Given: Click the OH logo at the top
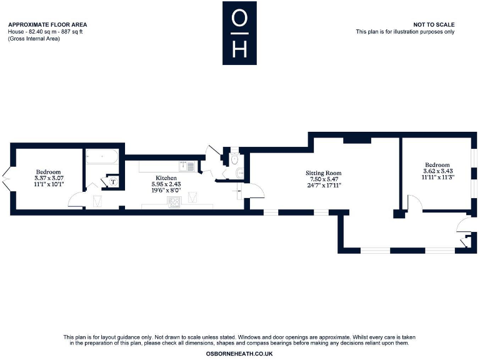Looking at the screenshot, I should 239,32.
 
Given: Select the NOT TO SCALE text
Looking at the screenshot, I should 434,25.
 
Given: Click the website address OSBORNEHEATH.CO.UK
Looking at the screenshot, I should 239,354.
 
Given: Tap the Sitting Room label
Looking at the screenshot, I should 323,172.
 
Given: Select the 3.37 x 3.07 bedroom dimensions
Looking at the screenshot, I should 49,178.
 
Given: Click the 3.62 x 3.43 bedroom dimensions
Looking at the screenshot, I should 437,171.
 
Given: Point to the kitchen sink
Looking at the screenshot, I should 186,166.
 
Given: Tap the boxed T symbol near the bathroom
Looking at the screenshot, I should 113,182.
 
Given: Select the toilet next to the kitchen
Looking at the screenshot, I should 235,161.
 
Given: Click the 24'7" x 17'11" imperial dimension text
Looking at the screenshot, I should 323,185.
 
